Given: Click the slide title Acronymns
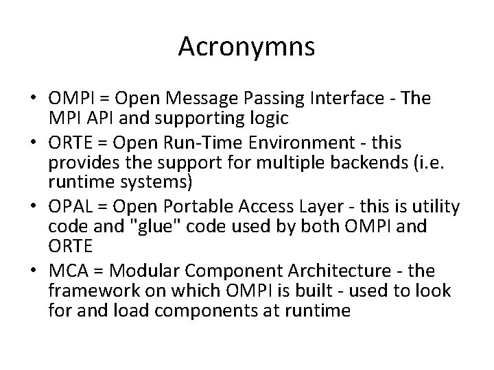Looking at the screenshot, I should [246, 47].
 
